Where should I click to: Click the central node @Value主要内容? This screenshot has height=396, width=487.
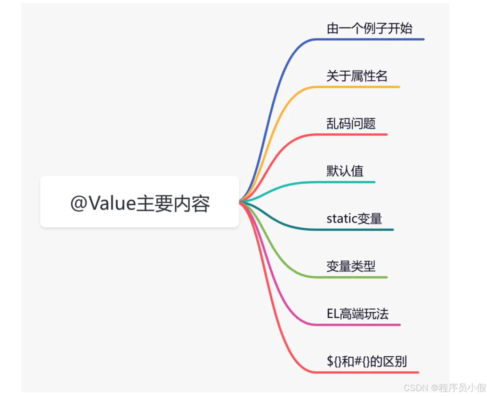tap(139, 202)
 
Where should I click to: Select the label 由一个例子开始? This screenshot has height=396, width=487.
tap(369, 28)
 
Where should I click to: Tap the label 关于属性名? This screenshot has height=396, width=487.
tap(357, 76)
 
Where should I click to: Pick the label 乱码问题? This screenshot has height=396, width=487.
tap(351, 124)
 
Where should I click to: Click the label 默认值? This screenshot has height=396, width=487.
tap(345, 171)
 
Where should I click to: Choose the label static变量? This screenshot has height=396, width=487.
tap(354, 219)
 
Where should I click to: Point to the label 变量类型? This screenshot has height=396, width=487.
tap(351, 266)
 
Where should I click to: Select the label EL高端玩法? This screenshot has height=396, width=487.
tap(358, 314)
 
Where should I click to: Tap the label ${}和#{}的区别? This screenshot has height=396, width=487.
tap(367, 361)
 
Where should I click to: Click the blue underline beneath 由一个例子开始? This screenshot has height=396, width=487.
tap(370, 39)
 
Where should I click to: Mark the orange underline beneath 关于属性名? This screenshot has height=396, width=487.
tap(357, 87)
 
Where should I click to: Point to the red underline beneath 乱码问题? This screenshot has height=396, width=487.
tap(351, 134)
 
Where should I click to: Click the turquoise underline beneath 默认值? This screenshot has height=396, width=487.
tap(345, 182)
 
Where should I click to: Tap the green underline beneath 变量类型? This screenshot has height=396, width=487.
tap(351, 277)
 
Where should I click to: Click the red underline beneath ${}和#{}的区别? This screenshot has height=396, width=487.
tap(367, 372)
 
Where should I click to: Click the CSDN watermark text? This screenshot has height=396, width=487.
tap(445, 388)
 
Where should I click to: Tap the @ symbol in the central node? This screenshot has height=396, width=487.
tap(78, 203)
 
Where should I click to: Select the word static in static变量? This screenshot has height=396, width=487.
tap(341, 219)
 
